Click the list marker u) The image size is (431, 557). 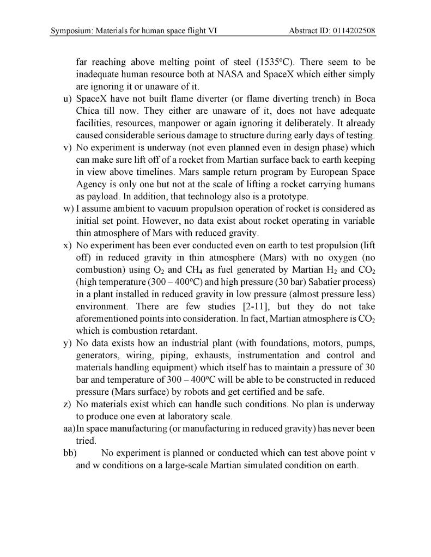click(x=68, y=99)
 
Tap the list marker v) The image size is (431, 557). click(x=68, y=148)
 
